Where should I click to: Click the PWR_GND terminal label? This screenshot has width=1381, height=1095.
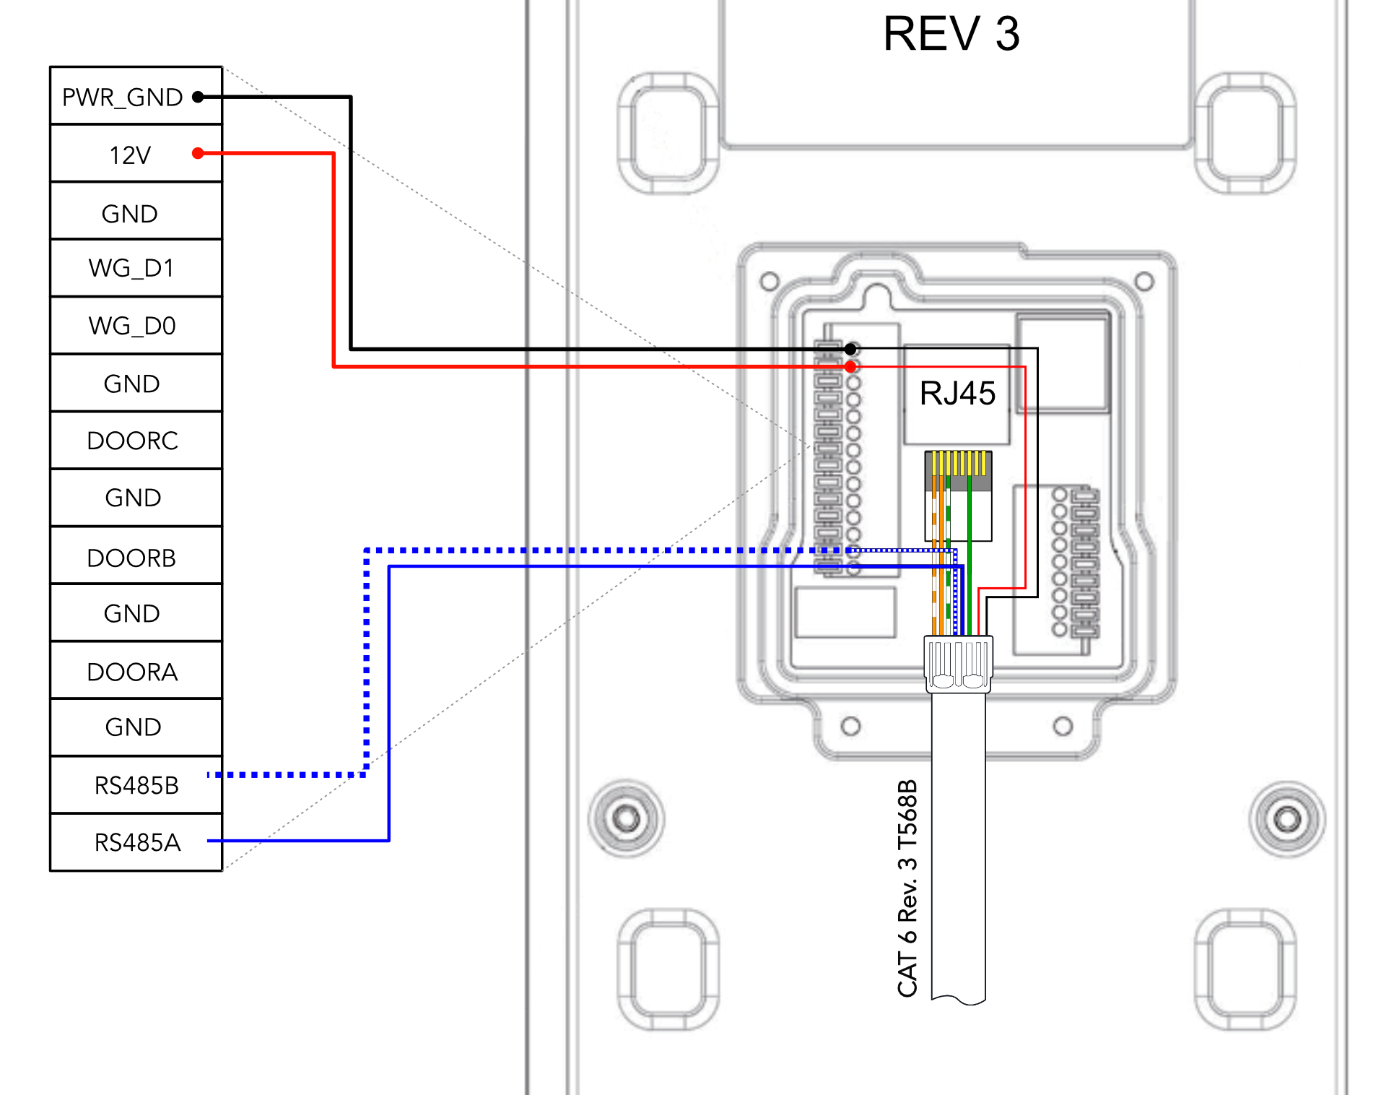(x=122, y=98)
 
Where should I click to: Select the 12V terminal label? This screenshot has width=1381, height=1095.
(x=130, y=155)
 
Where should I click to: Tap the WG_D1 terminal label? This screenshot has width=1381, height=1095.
(x=131, y=269)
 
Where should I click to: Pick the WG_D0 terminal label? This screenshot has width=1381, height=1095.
(x=132, y=326)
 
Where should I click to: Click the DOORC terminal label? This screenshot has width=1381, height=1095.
(x=132, y=441)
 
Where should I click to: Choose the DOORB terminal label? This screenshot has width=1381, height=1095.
(x=131, y=558)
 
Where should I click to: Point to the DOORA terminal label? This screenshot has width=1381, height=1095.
(x=132, y=672)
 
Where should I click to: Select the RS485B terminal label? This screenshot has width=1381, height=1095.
(x=136, y=786)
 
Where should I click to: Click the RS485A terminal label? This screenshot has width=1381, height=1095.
(x=137, y=843)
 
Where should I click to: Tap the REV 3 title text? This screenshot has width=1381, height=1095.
(x=951, y=34)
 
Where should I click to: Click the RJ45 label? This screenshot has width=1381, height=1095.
(x=957, y=394)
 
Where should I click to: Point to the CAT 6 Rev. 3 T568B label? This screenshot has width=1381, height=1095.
(x=907, y=888)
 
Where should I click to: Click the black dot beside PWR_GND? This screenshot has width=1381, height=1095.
(x=198, y=97)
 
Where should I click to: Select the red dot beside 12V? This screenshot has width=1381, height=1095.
(x=198, y=153)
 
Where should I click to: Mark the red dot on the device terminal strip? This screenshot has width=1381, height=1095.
(x=851, y=367)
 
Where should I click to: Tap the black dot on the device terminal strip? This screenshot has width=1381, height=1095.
(x=851, y=350)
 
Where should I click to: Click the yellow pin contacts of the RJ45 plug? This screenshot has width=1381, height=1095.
(x=959, y=463)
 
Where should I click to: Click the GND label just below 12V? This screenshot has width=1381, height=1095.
(x=130, y=215)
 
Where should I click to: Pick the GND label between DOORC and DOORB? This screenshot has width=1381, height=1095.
(x=133, y=498)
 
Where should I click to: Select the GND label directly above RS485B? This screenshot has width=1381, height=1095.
(x=133, y=727)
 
